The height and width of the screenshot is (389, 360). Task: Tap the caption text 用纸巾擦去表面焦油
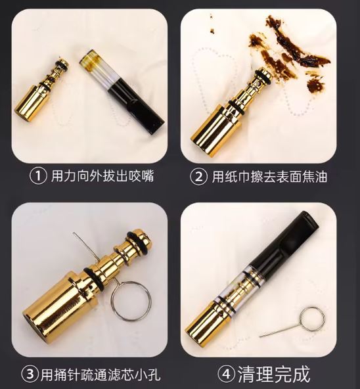point(269,177)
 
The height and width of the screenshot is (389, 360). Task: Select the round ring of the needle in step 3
point(131,301)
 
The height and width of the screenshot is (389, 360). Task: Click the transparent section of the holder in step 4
point(253,281)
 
